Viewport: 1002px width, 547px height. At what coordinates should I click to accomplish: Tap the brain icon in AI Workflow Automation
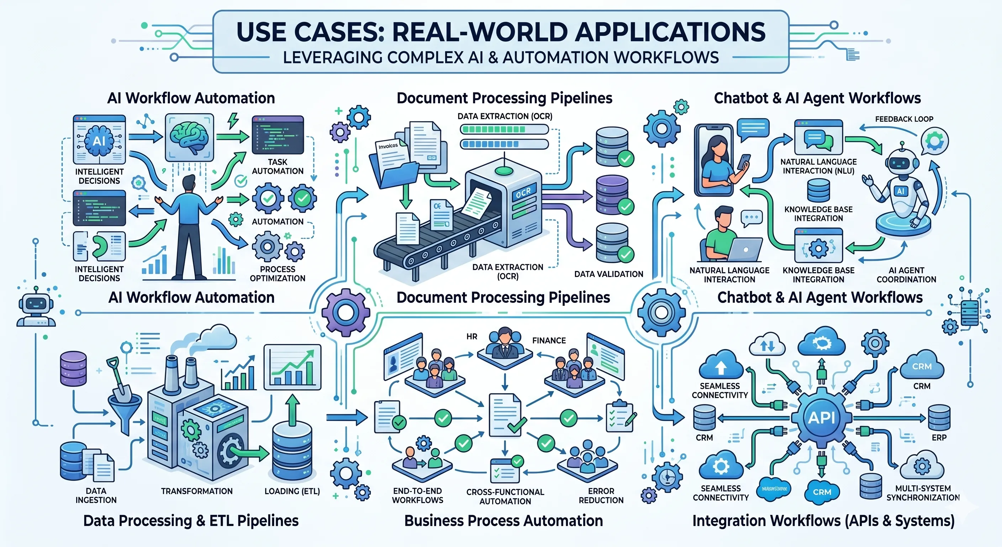point(189,137)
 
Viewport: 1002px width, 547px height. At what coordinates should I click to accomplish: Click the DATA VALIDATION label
point(608,274)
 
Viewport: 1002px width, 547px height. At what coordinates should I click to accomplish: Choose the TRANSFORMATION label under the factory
point(197,491)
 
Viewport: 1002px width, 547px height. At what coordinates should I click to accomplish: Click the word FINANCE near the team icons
point(548,341)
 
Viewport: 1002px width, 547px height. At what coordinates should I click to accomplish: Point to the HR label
point(471,337)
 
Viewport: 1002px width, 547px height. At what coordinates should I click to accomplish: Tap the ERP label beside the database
point(939,438)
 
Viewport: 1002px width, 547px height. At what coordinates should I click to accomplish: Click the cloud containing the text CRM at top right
point(922,366)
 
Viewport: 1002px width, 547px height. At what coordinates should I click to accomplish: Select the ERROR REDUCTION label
point(601,496)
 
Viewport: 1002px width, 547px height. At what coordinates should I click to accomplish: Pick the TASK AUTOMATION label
point(277,167)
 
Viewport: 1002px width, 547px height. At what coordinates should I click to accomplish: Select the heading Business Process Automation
point(503,521)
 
